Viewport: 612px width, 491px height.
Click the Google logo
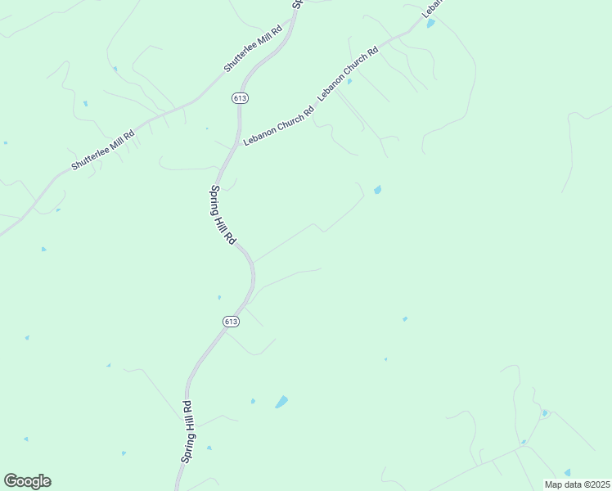pos(27,481)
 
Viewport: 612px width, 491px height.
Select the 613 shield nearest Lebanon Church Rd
pos(240,98)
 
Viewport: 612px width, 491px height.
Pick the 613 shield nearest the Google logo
pos(231,322)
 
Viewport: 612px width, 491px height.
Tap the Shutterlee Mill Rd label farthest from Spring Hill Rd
pos(102,149)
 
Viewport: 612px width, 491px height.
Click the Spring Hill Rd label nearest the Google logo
pos(187,431)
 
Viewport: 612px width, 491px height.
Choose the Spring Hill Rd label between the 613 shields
pos(223,215)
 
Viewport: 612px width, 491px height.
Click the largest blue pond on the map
pos(281,402)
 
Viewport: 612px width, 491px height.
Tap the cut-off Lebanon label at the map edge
pos(432,8)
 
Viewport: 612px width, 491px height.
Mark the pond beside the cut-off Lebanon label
pos(431,23)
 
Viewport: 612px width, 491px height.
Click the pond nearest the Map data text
pos(567,472)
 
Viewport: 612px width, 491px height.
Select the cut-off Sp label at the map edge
pos(297,4)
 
